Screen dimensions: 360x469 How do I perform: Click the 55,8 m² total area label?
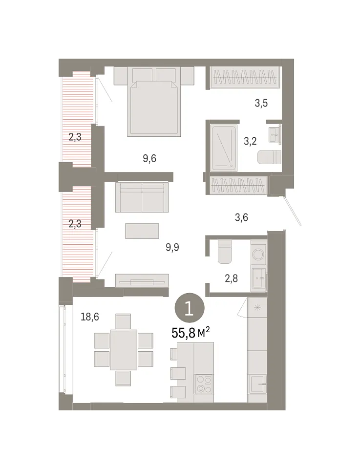(191, 332)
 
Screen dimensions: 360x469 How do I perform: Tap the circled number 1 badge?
(190, 309)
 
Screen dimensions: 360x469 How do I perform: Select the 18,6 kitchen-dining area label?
(90, 317)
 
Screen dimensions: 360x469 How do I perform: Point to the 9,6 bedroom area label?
(149, 158)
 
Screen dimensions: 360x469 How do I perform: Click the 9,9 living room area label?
(172, 247)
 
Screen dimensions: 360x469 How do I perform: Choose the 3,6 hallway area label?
(241, 217)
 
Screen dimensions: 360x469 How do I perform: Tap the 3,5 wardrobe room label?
(261, 103)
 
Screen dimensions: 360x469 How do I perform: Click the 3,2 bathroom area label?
(250, 141)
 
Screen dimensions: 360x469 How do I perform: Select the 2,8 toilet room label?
(231, 278)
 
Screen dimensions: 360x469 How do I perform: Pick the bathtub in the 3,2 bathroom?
(223, 148)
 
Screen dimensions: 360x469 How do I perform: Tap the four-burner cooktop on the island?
(203, 384)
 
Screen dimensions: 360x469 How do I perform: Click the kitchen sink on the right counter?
(257, 384)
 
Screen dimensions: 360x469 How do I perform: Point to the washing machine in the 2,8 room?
(258, 254)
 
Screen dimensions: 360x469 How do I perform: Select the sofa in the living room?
(142, 197)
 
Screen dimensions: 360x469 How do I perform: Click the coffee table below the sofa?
(142, 231)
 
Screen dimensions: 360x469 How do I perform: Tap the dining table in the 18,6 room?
(124, 350)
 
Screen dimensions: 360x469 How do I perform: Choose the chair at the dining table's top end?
(123, 321)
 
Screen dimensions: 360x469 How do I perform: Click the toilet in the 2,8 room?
(225, 252)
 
